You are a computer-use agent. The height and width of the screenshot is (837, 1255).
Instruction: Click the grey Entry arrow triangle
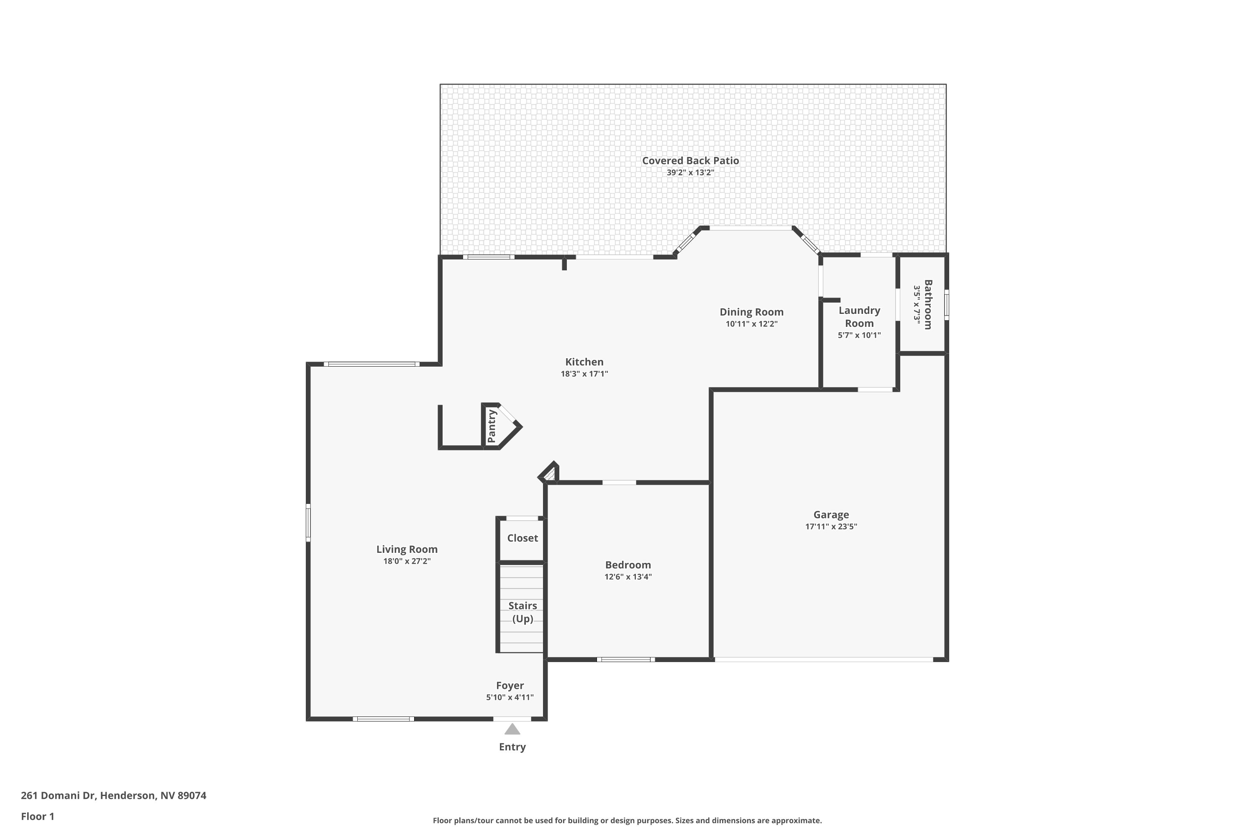(x=512, y=729)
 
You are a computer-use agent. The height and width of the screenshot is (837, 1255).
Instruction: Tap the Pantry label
(x=492, y=426)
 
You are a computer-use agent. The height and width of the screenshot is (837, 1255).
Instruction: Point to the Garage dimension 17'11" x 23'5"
(x=831, y=526)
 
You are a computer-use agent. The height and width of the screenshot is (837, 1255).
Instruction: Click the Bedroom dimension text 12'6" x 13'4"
(x=627, y=577)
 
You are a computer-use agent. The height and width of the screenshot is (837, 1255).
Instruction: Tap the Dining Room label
(x=751, y=312)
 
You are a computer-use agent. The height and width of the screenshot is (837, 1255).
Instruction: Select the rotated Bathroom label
(x=928, y=304)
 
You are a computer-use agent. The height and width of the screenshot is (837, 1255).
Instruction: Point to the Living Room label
(x=407, y=549)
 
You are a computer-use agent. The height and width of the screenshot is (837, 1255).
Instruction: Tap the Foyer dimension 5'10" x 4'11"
(x=510, y=697)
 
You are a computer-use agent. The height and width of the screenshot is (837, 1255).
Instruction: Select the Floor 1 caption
(x=37, y=816)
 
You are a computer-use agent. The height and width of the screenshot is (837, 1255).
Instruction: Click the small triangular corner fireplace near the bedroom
(x=550, y=473)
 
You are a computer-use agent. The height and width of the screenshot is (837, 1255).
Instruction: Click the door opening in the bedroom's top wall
(x=619, y=483)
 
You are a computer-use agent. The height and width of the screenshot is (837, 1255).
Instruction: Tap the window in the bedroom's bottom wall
(x=625, y=660)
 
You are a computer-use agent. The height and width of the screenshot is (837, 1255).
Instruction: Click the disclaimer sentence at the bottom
(x=627, y=820)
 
